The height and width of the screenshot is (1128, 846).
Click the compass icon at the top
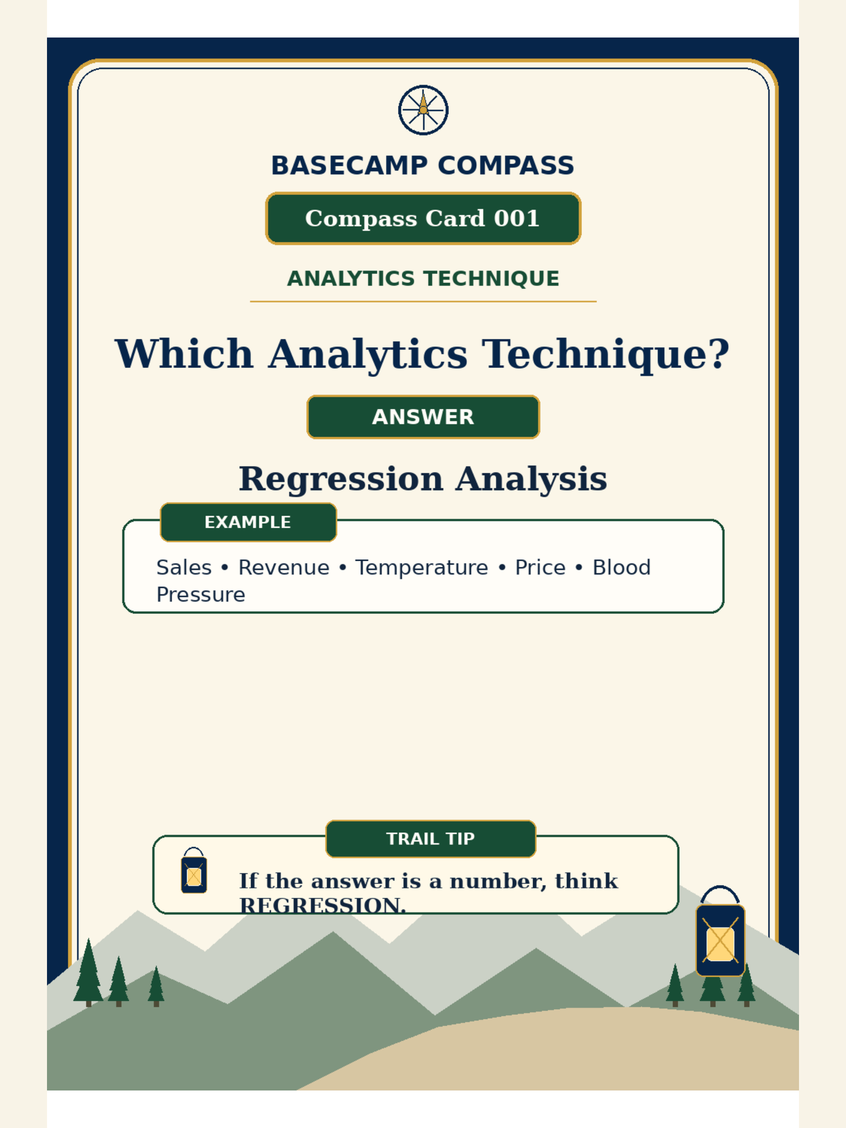[423, 110]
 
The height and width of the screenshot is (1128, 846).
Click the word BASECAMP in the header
[349, 166]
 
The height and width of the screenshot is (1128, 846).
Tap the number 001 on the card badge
[517, 218]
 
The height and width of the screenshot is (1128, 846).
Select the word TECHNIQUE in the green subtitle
[492, 279]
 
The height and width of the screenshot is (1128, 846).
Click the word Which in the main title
[184, 353]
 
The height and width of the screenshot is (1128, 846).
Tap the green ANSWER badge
[423, 417]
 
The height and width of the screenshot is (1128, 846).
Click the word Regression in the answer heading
[341, 480]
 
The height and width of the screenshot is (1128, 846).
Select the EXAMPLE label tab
[248, 522]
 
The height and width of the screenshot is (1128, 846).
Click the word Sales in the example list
[184, 567]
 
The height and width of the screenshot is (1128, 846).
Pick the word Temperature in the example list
[421, 568]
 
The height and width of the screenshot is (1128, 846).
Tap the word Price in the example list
[540, 567]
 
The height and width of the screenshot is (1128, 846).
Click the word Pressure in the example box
[201, 595]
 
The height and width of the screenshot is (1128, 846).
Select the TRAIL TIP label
[430, 839]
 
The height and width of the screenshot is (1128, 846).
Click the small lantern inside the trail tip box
[194, 870]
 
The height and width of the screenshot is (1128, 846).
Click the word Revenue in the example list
[284, 567]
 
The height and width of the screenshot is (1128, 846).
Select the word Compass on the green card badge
[361, 219]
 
